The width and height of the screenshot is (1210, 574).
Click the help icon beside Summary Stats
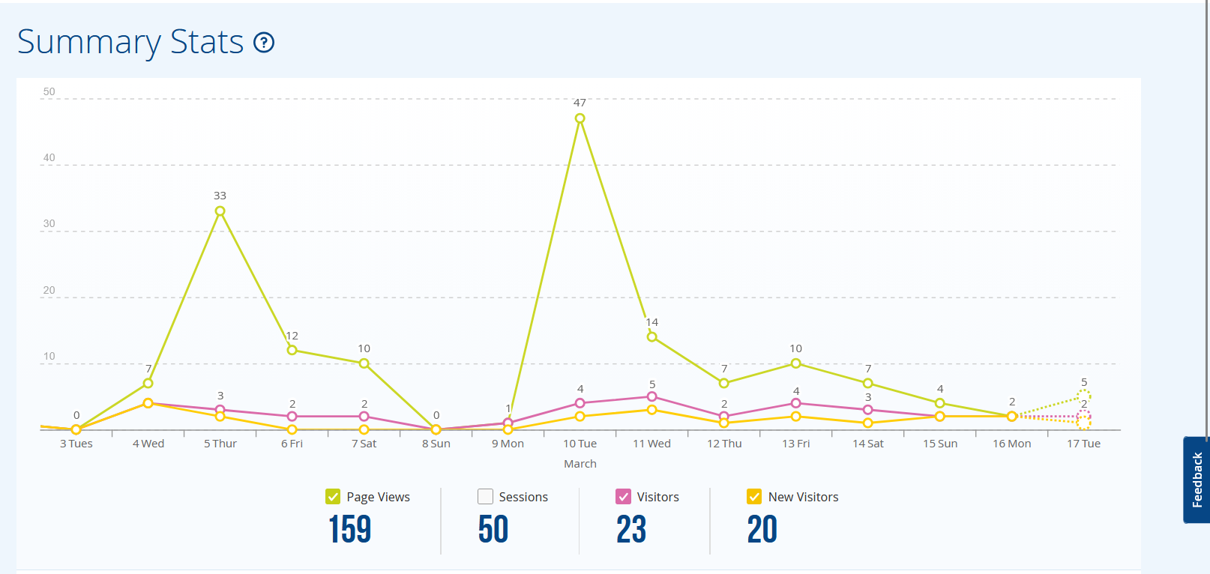(264, 43)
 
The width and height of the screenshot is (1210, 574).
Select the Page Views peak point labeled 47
(580, 118)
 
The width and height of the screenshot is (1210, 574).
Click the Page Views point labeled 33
(220, 211)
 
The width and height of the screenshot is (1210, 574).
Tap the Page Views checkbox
(333, 497)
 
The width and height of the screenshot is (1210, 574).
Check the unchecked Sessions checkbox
(485, 497)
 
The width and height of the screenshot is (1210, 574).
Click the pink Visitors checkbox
(623, 497)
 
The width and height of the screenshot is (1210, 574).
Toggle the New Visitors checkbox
(754, 497)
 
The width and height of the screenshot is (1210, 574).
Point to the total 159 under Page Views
(349, 529)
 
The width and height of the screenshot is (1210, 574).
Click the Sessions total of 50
(493, 529)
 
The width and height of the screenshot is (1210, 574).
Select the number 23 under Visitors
(631, 529)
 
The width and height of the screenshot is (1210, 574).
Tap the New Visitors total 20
(762, 529)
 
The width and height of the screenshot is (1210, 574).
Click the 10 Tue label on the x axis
(580, 444)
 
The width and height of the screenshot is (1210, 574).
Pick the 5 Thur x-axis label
(220, 444)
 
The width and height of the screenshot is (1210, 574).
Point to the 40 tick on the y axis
(49, 158)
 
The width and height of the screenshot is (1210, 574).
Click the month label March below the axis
(580, 464)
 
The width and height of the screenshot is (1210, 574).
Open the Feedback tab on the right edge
(1197, 480)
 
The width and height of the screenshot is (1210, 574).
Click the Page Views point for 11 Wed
(651, 337)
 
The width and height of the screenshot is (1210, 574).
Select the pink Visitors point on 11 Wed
(651, 396)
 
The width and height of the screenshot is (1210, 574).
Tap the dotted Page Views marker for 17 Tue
(1083, 396)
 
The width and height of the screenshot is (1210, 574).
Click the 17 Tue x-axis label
(1083, 444)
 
